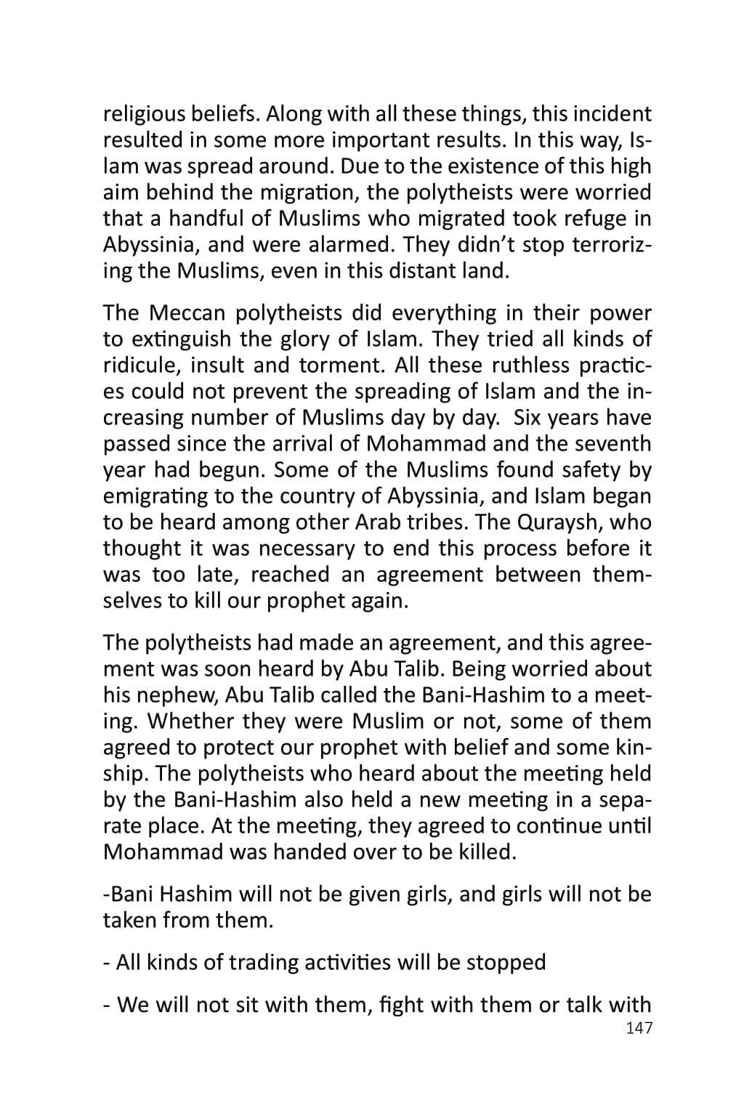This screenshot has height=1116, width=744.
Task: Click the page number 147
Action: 639,1028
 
